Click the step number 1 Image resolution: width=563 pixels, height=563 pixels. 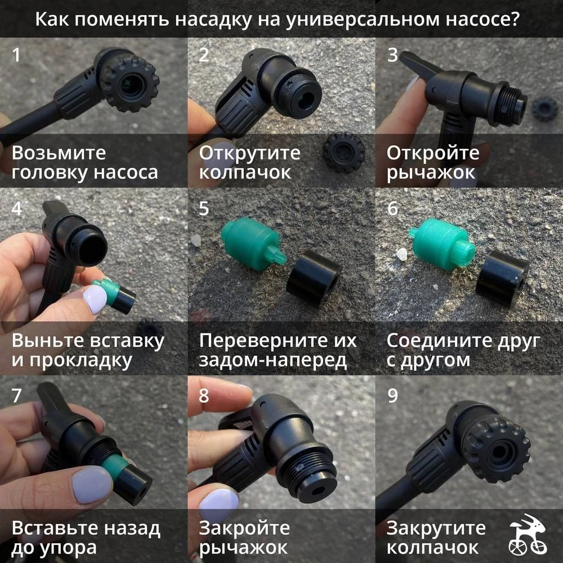[x=16, y=55]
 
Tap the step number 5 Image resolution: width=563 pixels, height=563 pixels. [x=204, y=208]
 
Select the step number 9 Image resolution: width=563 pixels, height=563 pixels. [x=392, y=396]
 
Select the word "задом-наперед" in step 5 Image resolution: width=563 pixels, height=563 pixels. [x=273, y=360]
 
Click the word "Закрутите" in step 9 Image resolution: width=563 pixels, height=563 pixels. [x=436, y=528]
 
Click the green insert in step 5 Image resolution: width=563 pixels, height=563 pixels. [x=248, y=244]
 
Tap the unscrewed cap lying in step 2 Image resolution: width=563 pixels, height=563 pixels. [x=344, y=151]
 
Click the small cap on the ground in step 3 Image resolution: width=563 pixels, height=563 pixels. [x=544, y=109]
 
